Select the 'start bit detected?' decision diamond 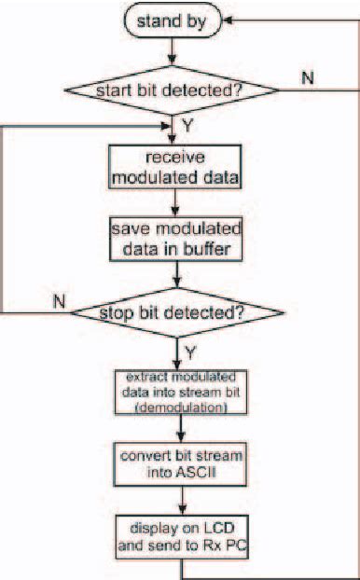coord(171,90)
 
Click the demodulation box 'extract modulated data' coord(174,392)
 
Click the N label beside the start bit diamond coord(308,76)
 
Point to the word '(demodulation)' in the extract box coord(174,407)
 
